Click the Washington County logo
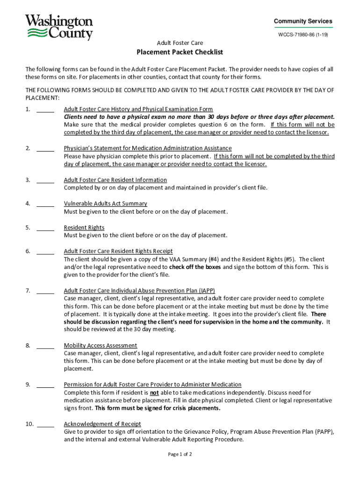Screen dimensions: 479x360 (x=59, y=27)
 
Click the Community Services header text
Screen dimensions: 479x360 (x=303, y=21)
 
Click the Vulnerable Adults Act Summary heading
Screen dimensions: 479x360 (x=105, y=203)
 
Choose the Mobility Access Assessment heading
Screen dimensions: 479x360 (x=101, y=346)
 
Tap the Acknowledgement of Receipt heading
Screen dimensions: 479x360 (x=102, y=424)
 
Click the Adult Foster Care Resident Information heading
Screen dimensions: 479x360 (x=115, y=180)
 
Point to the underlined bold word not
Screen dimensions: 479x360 (x=154, y=392)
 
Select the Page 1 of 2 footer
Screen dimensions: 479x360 (x=180, y=454)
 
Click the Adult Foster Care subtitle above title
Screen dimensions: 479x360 (x=180, y=43)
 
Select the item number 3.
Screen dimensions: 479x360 (x=28, y=180)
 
